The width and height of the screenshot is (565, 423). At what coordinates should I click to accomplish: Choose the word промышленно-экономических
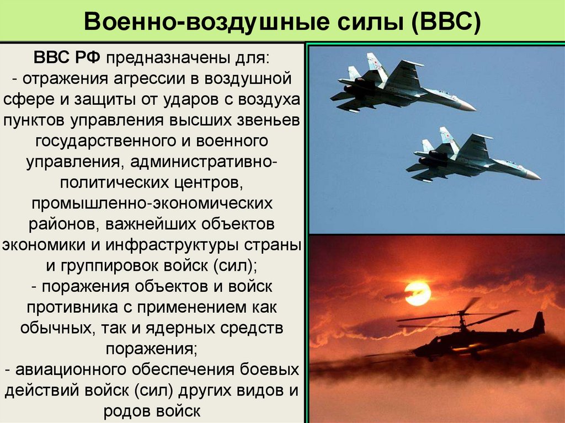coord(152,203)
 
